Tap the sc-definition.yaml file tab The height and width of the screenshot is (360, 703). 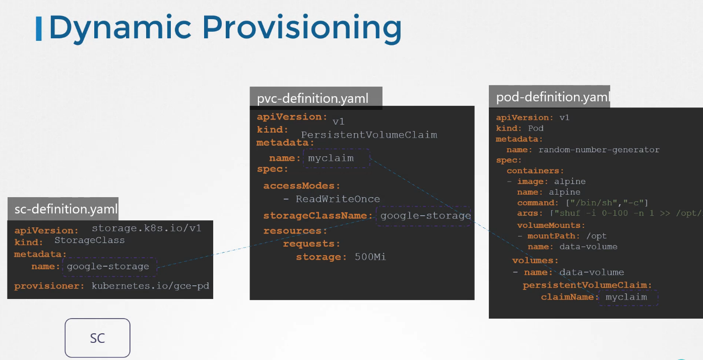coord(66,209)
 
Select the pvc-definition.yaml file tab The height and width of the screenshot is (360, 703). coord(312,98)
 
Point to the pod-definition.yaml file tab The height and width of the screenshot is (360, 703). coord(552,97)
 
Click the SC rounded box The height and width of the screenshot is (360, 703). coord(97,338)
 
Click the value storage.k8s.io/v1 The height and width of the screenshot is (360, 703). coord(146,228)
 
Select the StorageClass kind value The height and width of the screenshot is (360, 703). coord(89,241)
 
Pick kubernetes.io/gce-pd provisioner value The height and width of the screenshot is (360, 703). coord(150,286)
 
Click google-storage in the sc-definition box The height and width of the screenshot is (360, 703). coord(108,266)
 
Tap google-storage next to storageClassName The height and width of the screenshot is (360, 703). coord(425,216)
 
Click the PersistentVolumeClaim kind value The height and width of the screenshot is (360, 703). coord(369,135)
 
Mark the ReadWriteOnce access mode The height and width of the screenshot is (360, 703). coord(338,199)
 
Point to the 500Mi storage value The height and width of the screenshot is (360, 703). coord(370,257)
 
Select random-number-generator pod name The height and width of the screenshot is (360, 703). coord(599,149)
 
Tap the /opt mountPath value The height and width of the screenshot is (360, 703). coord(596,236)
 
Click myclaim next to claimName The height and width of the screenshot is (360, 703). coord(626,297)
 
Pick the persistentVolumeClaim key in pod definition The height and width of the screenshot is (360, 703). coord(587,285)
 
